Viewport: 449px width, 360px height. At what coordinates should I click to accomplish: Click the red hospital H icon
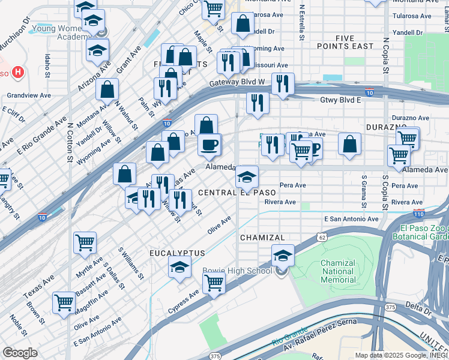coord(18,73)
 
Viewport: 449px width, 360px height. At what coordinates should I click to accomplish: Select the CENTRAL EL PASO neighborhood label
coord(237,193)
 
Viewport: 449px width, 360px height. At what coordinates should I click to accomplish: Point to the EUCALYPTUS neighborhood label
coord(177,254)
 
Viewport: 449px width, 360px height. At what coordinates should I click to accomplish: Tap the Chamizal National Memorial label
coord(338,271)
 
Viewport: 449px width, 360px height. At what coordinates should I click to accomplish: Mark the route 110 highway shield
coord(418,214)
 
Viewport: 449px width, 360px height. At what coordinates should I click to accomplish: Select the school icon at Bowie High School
coord(283,256)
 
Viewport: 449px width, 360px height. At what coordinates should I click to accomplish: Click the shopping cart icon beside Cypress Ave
coord(213,283)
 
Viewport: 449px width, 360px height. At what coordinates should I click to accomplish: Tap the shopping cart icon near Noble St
coord(64,303)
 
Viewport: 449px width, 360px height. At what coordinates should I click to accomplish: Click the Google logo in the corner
coord(20,352)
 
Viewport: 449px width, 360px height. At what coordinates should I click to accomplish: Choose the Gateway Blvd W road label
coord(237,83)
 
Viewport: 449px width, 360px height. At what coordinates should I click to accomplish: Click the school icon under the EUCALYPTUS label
coord(179,268)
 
